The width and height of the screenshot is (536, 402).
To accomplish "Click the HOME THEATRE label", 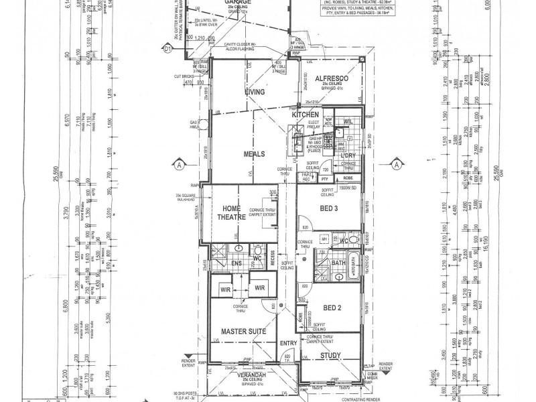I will (x=227, y=213).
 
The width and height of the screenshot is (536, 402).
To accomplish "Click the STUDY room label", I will (x=331, y=356).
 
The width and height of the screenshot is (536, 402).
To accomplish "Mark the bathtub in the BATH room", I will (x=355, y=272).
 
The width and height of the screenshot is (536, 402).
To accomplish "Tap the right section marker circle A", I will (x=396, y=163).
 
